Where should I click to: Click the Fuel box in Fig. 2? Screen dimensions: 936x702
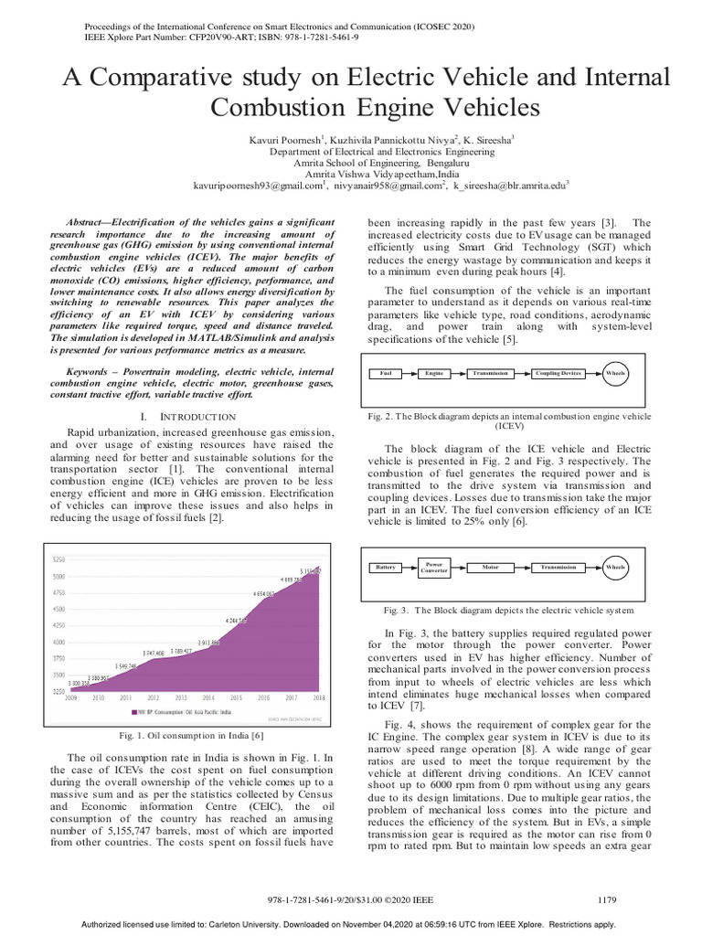click(x=386, y=374)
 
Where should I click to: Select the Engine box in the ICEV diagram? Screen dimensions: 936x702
click(x=434, y=374)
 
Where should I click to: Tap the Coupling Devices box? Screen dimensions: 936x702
click(x=558, y=374)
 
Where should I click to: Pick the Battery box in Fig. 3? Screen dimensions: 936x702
click(x=387, y=568)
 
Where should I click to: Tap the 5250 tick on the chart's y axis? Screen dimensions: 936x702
click(x=58, y=559)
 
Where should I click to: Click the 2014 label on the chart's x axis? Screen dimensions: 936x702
click(x=208, y=697)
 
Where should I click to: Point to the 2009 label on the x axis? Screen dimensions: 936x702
click(x=69, y=697)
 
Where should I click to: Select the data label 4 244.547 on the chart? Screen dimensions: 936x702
click(x=237, y=620)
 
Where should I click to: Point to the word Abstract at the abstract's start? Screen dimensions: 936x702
click(x=94, y=223)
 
